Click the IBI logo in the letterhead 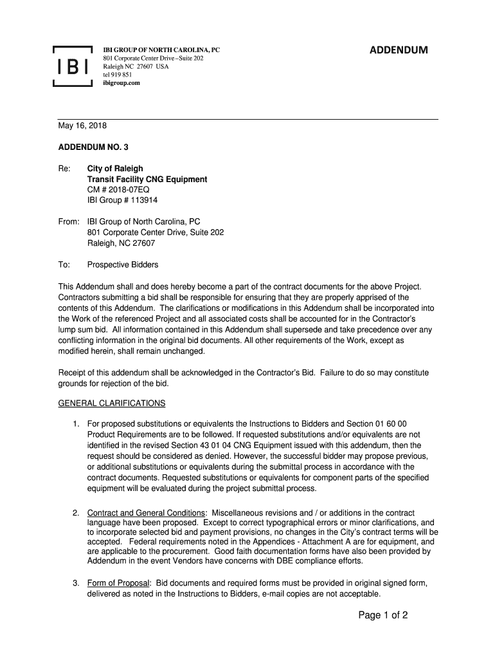coord(73,66)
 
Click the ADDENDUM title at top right coord(398,51)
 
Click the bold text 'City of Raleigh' coord(115,169)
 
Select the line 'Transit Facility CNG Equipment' coord(147,179)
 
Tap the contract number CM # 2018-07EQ coord(123,190)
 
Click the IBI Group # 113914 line coord(122,200)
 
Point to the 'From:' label coord(68,222)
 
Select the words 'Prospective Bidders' coord(123,265)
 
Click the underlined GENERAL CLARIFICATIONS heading coord(112,404)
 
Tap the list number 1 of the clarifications coord(76,424)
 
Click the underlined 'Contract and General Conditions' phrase coord(146,512)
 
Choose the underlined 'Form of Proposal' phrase coord(118,583)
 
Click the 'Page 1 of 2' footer coord(383,615)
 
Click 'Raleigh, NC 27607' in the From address coord(121,243)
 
